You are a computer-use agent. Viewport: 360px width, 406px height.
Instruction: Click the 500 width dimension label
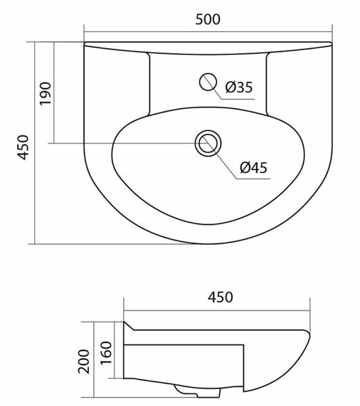(x=208, y=20)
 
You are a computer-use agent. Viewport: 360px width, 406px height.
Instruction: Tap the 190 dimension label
(x=45, y=93)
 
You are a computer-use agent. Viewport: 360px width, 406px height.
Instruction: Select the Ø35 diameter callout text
(x=239, y=87)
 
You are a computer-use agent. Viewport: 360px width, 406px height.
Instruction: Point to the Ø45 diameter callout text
(x=253, y=168)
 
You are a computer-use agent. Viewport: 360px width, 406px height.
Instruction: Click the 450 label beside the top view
(x=23, y=148)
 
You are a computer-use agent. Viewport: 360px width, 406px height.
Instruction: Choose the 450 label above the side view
(x=220, y=297)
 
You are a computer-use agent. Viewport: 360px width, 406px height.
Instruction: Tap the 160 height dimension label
(x=106, y=353)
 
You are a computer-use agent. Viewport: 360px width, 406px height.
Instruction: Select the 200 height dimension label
(x=84, y=361)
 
